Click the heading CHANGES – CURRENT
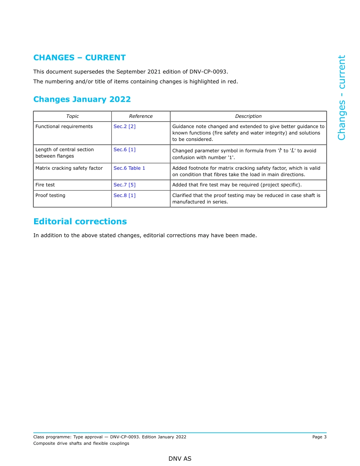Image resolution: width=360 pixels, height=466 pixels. point(79,58)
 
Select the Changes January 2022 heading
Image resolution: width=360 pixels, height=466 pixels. point(82,99)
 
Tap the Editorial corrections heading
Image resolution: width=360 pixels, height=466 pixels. point(80,221)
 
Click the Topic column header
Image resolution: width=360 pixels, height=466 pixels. point(72,116)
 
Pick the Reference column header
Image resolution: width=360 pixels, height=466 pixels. point(141,116)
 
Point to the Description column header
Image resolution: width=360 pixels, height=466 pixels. point(248,116)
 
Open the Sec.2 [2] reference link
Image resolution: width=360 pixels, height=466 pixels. point(124,127)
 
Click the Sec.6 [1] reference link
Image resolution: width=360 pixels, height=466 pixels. point(124,150)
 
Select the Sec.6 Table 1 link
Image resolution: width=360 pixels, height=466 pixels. point(129,168)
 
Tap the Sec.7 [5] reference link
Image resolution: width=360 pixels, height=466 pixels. point(124,185)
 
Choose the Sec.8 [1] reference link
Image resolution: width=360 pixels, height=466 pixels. point(124,195)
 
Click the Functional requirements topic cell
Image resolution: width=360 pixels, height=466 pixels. point(64,127)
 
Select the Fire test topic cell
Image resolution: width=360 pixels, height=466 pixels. point(45,185)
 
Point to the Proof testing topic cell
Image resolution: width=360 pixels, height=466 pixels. point(50,195)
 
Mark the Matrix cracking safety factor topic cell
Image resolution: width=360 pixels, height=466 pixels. point(69,168)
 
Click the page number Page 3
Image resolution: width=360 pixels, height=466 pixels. point(319,437)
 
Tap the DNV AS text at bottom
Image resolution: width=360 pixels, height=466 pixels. point(180,459)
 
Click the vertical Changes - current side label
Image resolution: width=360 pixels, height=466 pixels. point(341,97)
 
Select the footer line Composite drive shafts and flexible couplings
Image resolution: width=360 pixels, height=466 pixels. point(81,443)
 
